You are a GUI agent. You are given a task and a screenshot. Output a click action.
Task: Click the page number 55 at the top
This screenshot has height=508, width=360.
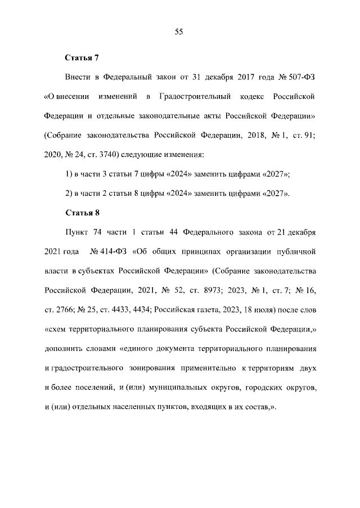point(179,32)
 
